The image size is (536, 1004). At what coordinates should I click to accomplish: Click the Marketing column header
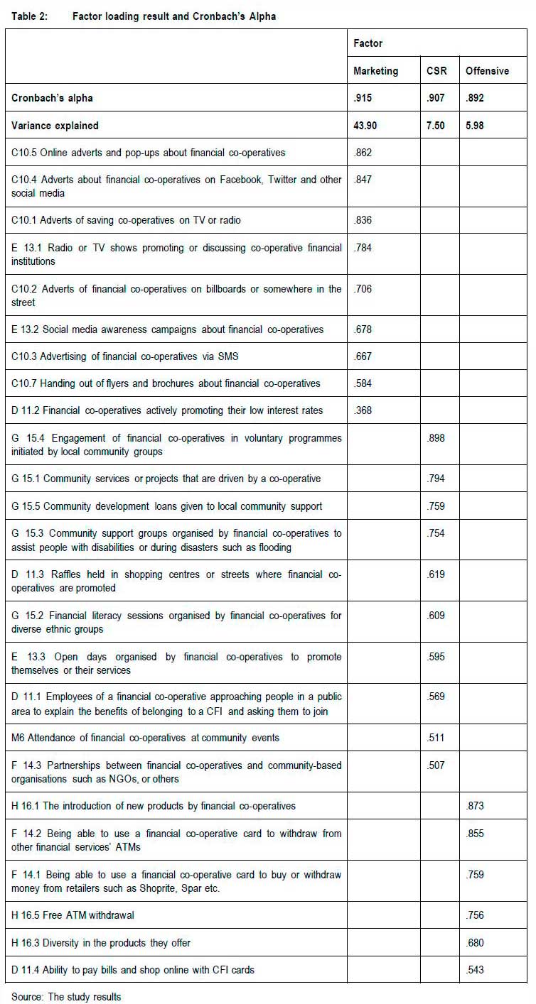pos(375,71)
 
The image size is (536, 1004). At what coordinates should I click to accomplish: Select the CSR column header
pos(436,71)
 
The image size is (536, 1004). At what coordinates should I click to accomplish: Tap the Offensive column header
pos(487,71)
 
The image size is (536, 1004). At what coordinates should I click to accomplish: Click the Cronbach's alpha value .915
pos(363,99)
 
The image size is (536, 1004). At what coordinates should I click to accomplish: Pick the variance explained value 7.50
pos(436,126)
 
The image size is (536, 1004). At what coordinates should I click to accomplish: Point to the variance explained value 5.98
pos(477,126)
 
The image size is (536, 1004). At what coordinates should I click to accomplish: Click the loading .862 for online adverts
pos(363,153)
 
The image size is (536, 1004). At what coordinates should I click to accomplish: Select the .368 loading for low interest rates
pos(363,410)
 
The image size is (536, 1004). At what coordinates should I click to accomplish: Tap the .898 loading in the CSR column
pos(436,438)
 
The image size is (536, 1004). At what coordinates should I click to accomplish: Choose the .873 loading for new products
pos(475,806)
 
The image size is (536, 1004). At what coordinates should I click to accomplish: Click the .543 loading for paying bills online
pos(475,970)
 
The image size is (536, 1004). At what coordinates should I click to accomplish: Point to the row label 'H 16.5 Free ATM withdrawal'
pos(73,915)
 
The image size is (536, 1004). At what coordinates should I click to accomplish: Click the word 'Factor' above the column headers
pos(368,43)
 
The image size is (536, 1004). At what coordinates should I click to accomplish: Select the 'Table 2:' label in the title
pos(30,16)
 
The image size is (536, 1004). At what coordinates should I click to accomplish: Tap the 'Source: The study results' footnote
pos(66,997)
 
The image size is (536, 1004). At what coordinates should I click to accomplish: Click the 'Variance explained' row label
pos(55,126)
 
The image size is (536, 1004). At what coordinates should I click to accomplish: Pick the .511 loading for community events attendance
pos(436,738)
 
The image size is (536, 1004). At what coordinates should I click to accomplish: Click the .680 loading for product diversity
pos(475,943)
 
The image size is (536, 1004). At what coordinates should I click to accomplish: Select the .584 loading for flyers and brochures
pos(363,383)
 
